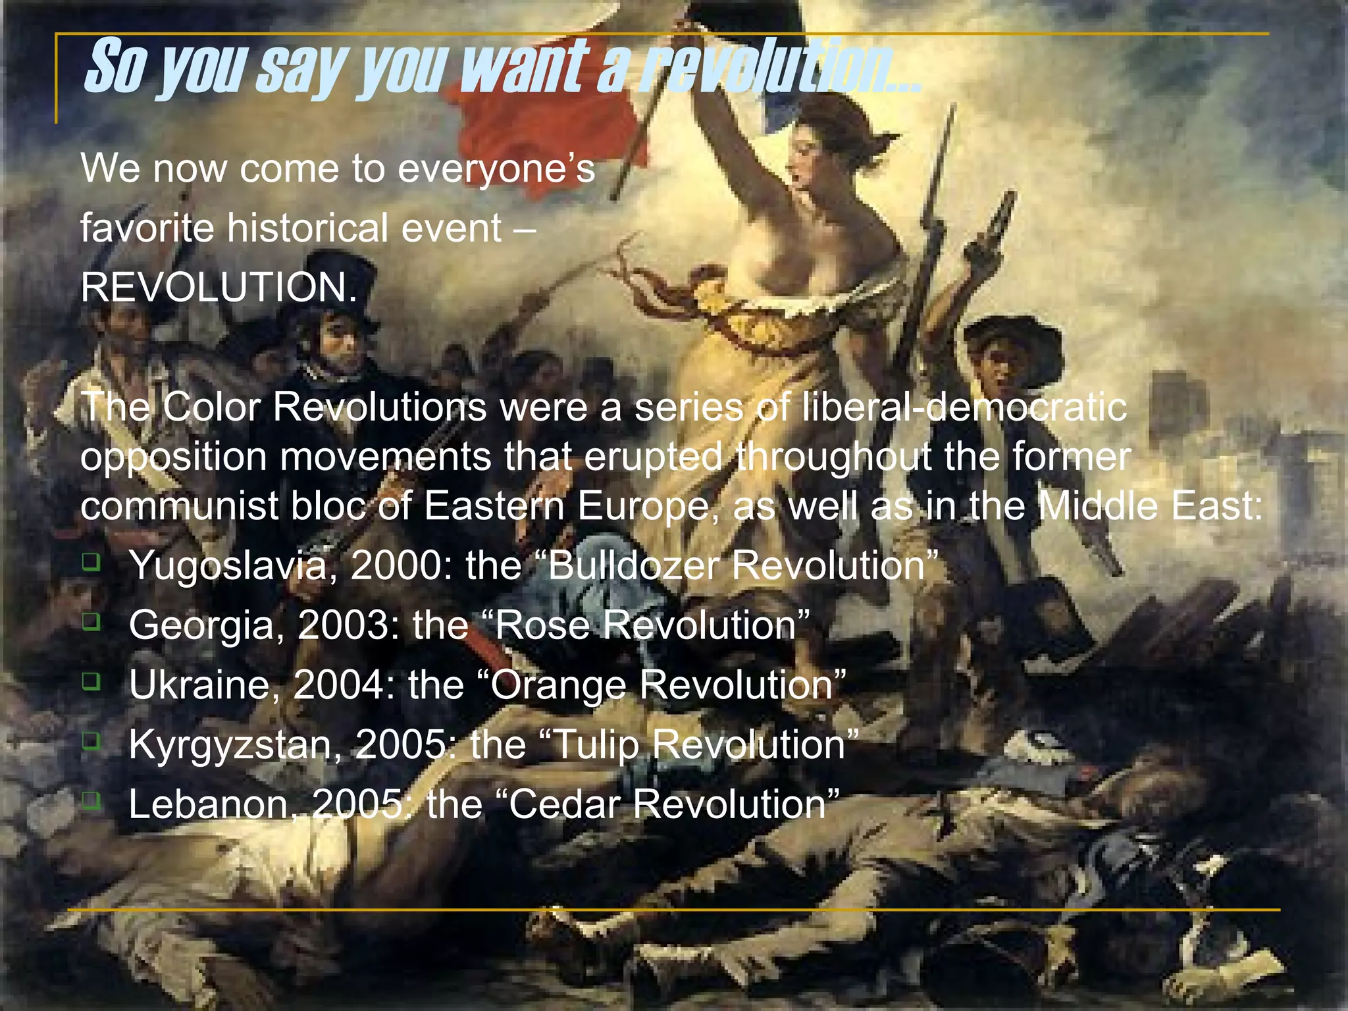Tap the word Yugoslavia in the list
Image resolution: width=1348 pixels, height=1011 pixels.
pyautogui.click(x=228, y=565)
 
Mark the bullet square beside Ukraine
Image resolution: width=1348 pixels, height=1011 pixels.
pyautogui.click(x=91, y=681)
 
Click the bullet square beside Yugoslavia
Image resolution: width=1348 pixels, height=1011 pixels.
pyautogui.click(x=91, y=561)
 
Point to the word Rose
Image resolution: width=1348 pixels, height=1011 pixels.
pyautogui.click(x=542, y=624)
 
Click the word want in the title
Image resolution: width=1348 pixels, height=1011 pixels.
pyautogui.click(x=523, y=68)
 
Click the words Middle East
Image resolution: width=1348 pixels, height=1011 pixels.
pyautogui.click(x=1149, y=505)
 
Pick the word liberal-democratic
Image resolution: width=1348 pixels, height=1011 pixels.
pyautogui.click(x=964, y=407)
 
